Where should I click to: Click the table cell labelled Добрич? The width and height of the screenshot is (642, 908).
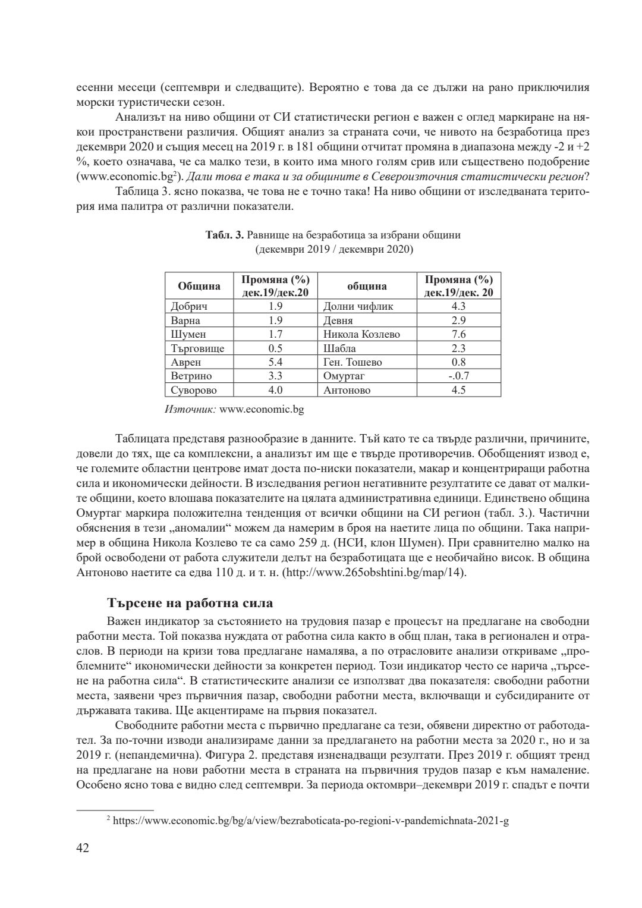coord(189,306)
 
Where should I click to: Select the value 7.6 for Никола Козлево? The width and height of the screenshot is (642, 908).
coord(458,334)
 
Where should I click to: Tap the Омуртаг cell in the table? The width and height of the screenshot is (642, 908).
coord(344,376)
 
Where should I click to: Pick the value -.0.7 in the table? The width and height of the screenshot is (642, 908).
coord(458,376)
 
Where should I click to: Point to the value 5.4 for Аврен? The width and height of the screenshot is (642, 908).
coord(275,362)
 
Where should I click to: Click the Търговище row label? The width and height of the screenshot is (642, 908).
coord(197,348)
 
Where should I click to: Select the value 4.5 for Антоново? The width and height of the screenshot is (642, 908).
coord(458,390)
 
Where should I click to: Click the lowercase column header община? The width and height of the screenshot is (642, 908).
coord(367,286)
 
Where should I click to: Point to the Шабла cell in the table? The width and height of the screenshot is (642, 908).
coord(339,348)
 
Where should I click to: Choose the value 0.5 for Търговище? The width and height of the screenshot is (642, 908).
coord(275,348)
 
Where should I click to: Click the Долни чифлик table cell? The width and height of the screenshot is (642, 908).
coord(358,306)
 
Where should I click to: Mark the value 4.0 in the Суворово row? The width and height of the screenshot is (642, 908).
coord(275,390)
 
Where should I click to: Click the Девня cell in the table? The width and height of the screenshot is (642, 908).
coord(338,321)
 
